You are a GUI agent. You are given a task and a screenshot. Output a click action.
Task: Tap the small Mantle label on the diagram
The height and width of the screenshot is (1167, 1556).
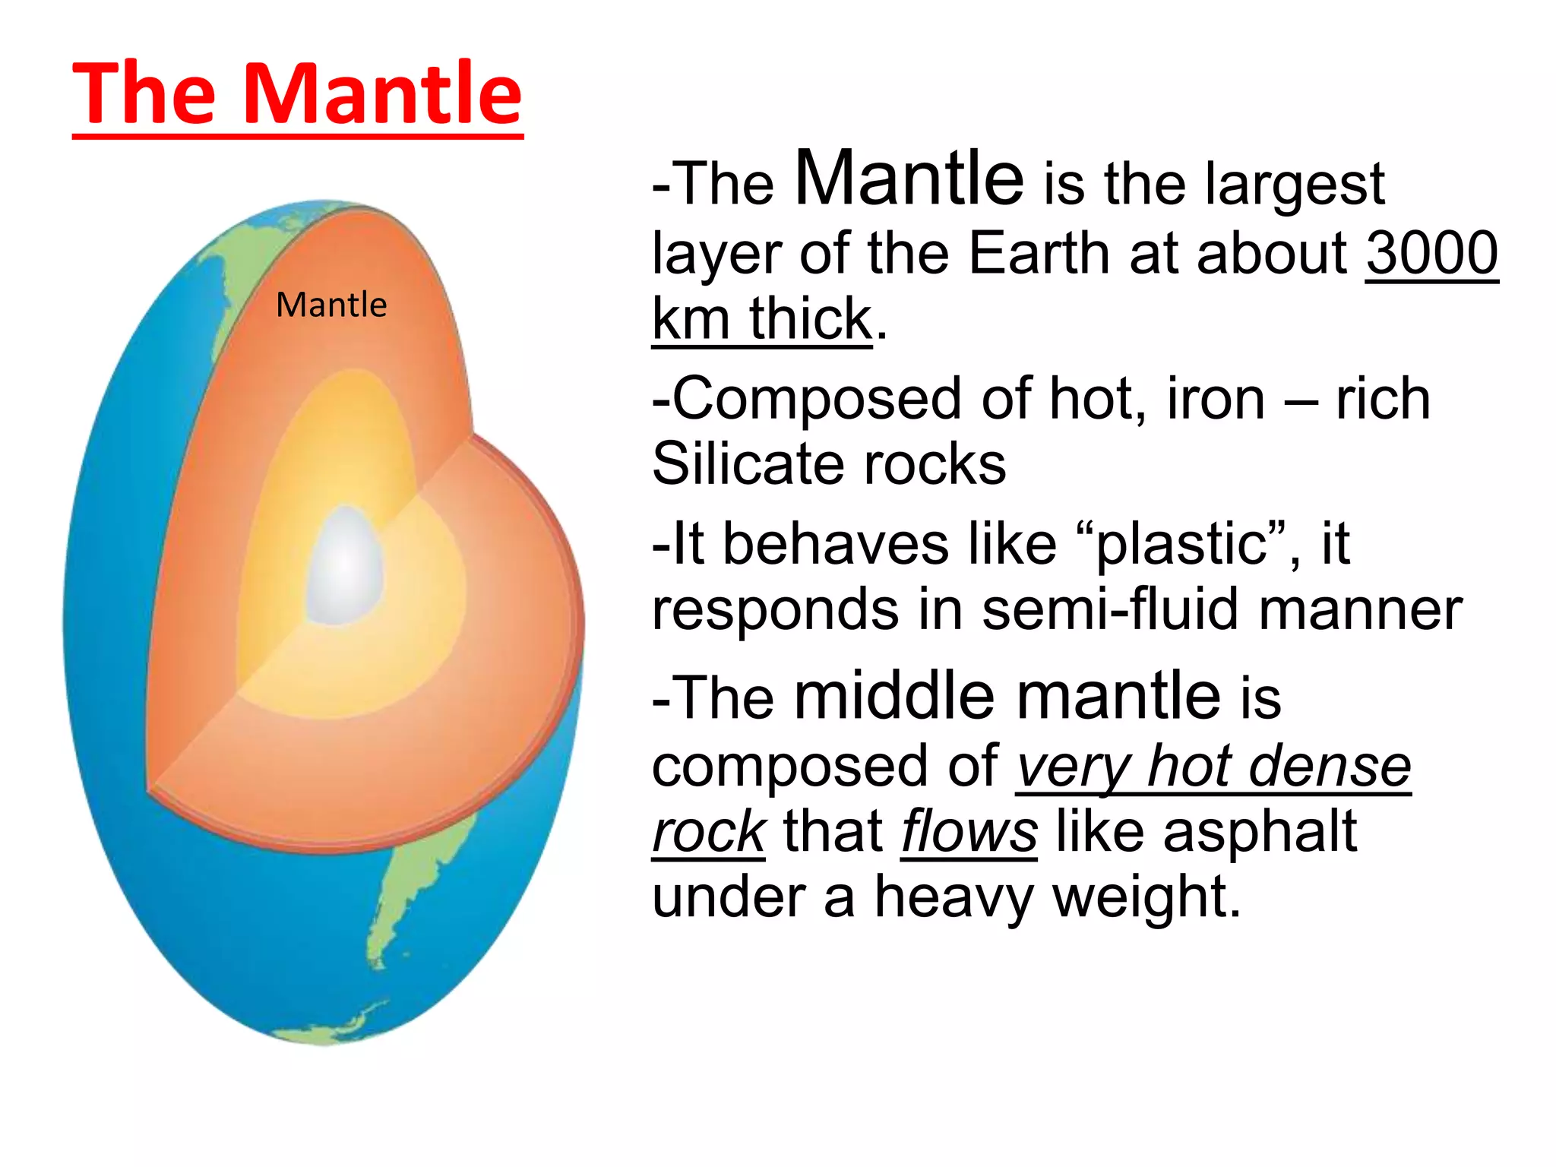[x=331, y=305]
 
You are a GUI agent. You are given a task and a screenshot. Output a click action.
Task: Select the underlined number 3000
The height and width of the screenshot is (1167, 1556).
[x=1431, y=253]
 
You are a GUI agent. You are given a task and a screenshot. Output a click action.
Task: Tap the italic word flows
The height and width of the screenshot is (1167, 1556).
[x=969, y=831]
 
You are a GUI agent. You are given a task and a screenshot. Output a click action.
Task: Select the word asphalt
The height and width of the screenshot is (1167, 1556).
[x=1260, y=831]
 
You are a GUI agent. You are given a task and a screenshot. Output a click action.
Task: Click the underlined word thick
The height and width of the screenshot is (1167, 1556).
[x=810, y=319]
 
